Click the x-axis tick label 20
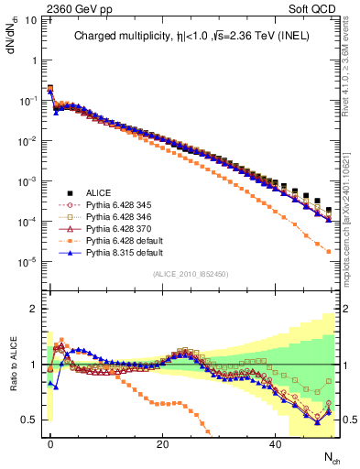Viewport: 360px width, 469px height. pyautogui.click(x=163, y=443)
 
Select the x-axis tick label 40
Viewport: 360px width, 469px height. pyautogui.click(x=276, y=443)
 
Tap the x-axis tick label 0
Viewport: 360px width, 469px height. pyautogui.click(x=50, y=443)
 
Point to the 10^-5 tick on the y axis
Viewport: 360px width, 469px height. pyautogui.click(x=28, y=263)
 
